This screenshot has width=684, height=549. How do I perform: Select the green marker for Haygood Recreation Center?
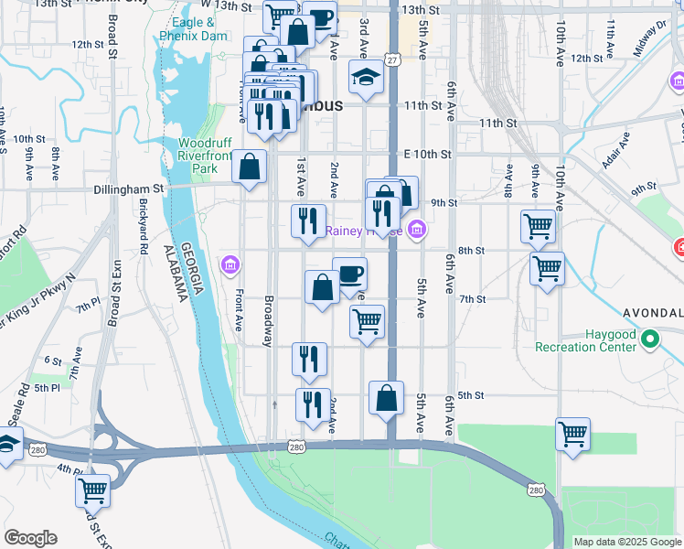point(650,340)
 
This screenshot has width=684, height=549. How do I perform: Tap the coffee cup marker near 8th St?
point(350,273)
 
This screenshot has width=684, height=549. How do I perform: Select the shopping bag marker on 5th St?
point(387,398)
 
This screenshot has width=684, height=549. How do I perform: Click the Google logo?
point(29,538)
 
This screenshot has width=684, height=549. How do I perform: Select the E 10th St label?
point(429,154)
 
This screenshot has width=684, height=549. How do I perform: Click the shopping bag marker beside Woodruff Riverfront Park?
point(248,167)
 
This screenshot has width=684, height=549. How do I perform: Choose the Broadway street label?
point(269,320)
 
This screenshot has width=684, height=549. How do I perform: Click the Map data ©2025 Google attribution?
point(627,542)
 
